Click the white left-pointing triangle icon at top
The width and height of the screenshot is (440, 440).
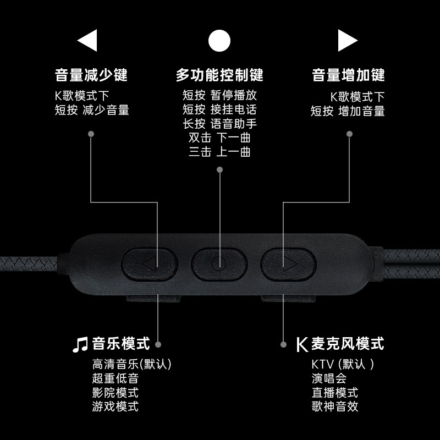point(89,40)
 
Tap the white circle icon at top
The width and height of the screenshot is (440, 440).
point(219,40)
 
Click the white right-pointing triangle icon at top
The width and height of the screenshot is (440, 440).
point(346,40)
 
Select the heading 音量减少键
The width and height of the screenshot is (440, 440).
point(91,75)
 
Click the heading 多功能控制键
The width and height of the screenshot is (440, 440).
point(219,75)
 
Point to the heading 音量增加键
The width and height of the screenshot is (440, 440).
point(348,75)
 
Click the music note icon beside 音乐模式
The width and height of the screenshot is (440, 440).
point(80,345)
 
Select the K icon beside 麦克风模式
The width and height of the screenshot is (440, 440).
point(301,345)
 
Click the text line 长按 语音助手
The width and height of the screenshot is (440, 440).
point(219,124)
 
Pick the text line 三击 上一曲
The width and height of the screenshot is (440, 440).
point(219,152)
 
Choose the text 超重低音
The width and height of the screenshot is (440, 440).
point(116,378)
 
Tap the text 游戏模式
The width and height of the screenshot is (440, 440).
point(116,407)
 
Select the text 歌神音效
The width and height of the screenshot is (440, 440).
point(334,407)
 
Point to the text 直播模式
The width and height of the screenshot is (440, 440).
point(334,393)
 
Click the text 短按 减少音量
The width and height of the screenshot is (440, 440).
point(92,111)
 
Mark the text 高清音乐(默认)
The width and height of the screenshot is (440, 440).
point(132,364)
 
